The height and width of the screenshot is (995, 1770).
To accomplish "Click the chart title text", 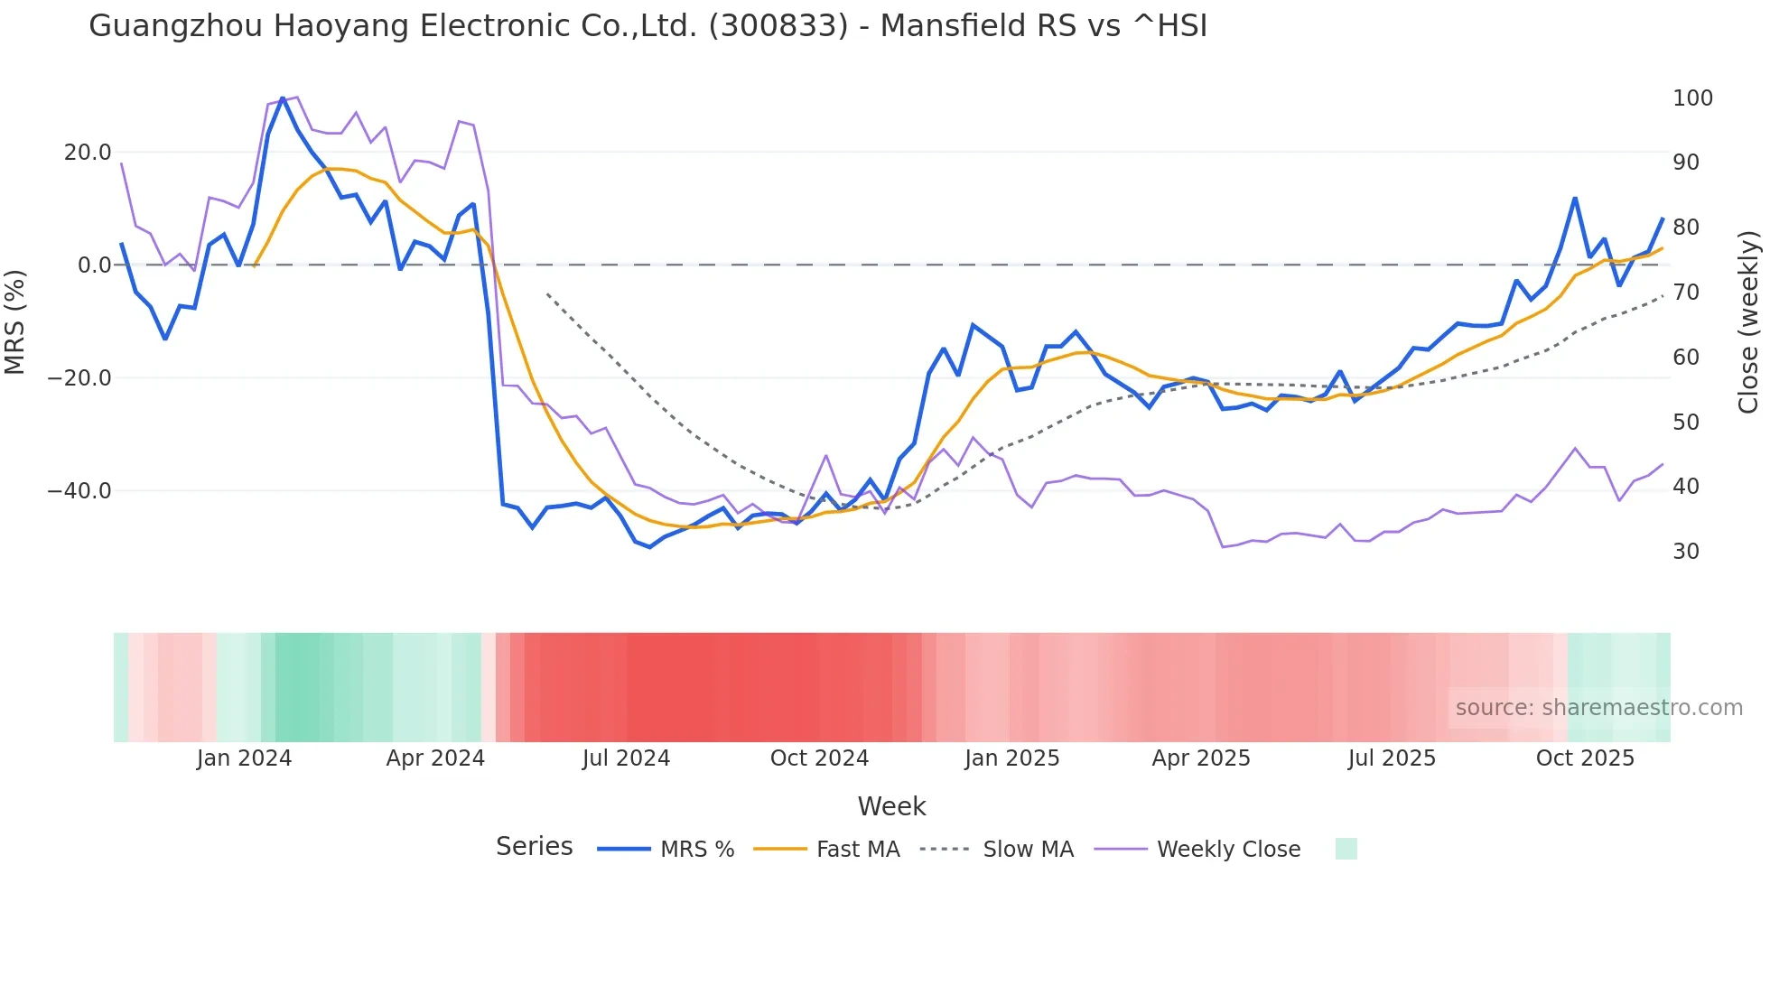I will tap(647, 26).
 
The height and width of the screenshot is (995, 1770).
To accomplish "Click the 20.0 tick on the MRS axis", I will tap(88, 153).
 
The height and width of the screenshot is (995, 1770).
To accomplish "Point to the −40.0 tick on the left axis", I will tap(80, 491).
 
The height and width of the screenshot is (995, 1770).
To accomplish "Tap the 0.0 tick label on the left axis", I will tap(95, 265).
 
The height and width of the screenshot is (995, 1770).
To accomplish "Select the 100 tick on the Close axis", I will tap(1692, 98).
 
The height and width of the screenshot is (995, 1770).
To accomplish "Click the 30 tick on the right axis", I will tap(1686, 552).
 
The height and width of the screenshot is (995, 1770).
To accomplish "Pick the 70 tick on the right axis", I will tap(1686, 293).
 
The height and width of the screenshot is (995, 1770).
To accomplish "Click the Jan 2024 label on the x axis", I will tap(244, 758).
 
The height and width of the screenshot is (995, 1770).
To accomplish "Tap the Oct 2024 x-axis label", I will tap(819, 758).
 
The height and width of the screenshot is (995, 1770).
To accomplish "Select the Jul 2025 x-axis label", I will tap(1392, 758).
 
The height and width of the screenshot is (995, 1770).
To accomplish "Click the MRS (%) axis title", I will tap(15, 321).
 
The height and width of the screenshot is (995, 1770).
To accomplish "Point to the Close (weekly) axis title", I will tap(1749, 321).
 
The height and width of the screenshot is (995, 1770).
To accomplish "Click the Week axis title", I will tap(891, 806).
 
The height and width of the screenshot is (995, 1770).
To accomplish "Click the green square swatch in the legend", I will tap(1346, 849).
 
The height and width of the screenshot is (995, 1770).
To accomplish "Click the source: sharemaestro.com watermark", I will tap(1598, 708).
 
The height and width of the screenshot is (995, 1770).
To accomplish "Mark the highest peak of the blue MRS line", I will tap(283, 98).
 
